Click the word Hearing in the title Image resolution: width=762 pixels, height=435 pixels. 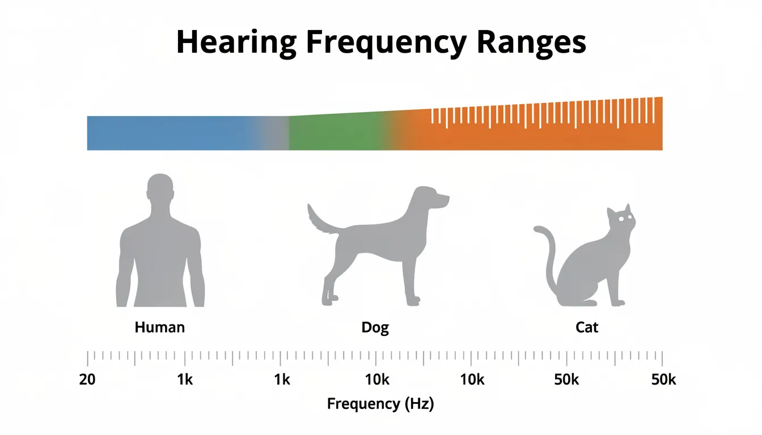[x=236, y=42]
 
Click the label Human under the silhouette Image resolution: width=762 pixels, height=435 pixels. [x=159, y=327]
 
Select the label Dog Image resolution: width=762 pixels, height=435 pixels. [x=375, y=327]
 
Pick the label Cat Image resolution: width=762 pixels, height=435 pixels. [x=586, y=327]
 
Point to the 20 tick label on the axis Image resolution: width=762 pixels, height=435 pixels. [x=87, y=379]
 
